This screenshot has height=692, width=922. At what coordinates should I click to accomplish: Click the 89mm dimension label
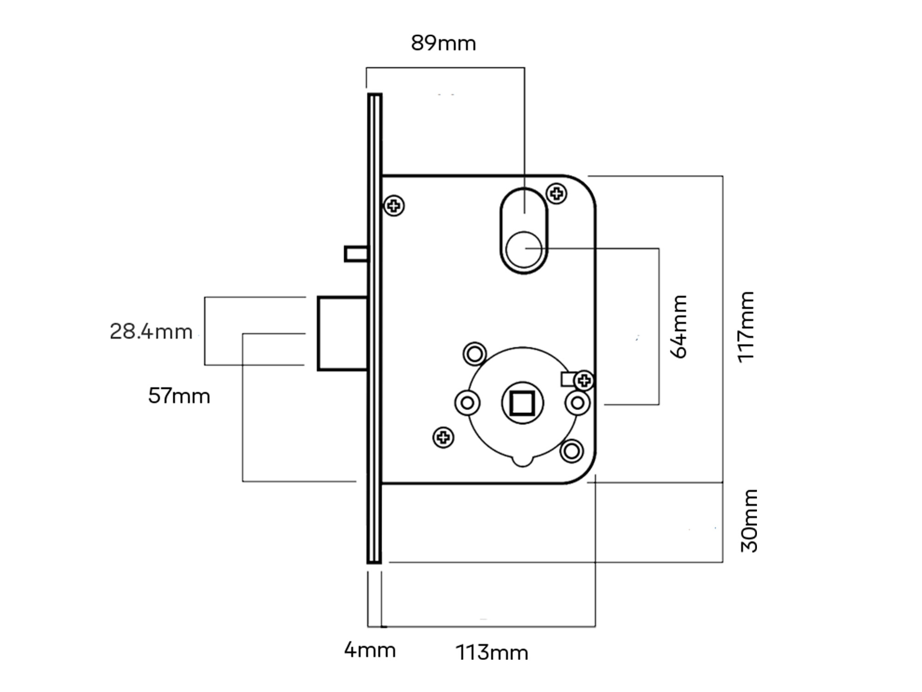click(443, 43)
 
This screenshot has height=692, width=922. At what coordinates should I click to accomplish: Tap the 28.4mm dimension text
click(151, 332)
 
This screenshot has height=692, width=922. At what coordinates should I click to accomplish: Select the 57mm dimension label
click(179, 396)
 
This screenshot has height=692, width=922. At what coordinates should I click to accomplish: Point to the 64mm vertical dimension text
click(679, 327)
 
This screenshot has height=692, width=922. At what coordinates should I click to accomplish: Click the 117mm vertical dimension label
click(746, 327)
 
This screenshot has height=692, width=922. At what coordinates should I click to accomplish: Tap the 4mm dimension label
click(370, 650)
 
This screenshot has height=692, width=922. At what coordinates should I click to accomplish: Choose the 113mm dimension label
click(491, 653)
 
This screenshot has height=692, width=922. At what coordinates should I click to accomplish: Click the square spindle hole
click(522, 403)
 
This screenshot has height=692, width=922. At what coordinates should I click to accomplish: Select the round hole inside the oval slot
click(524, 250)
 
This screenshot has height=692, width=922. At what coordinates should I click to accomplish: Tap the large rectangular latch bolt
click(343, 334)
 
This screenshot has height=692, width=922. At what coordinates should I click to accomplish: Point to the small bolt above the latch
click(356, 254)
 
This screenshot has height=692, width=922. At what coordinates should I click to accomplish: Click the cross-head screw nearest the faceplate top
click(394, 206)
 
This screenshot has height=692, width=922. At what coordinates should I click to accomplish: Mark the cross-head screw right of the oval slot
click(556, 193)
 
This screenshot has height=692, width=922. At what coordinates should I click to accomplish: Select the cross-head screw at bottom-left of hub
click(443, 437)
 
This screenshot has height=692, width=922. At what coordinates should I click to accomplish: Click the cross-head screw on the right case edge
click(585, 381)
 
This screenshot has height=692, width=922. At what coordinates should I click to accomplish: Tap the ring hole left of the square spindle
click(467, 403)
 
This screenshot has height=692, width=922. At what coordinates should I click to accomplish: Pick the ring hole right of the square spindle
click(577, 403)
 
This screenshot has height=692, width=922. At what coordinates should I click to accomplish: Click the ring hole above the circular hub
click(474, 354)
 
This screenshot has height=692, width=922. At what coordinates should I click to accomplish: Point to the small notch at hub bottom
click(523, 461)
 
